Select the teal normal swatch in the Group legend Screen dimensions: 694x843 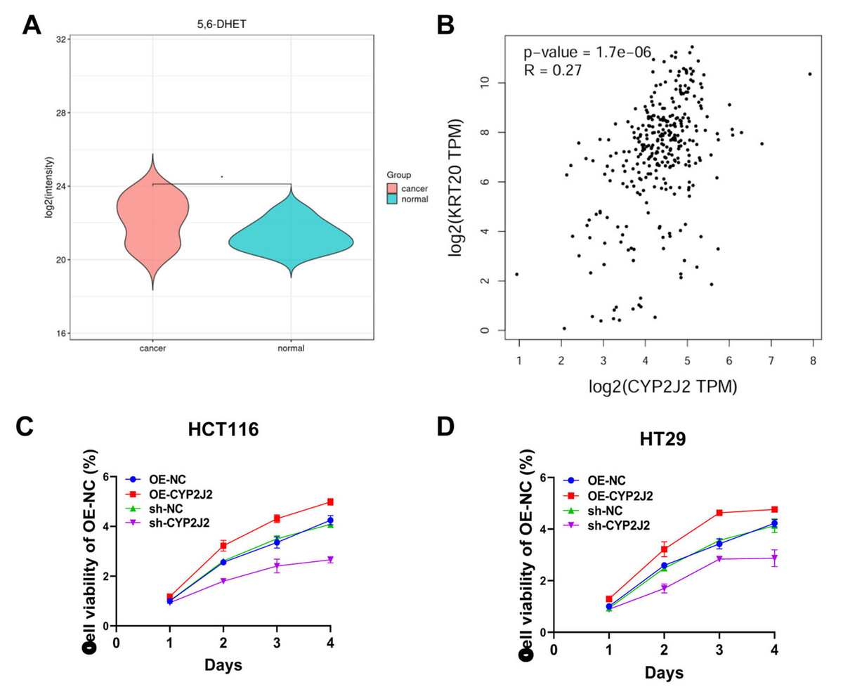click(x=393, y=200)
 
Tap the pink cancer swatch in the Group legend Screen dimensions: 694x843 click(x=393, y=188)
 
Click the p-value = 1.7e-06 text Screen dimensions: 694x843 click(x=587, y=52)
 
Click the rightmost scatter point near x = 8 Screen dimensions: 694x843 click(x=810, y=74)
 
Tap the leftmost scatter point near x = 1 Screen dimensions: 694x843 click(x=517, y=274)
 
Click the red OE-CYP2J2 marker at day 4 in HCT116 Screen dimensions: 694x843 click(x=330, y=502)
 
